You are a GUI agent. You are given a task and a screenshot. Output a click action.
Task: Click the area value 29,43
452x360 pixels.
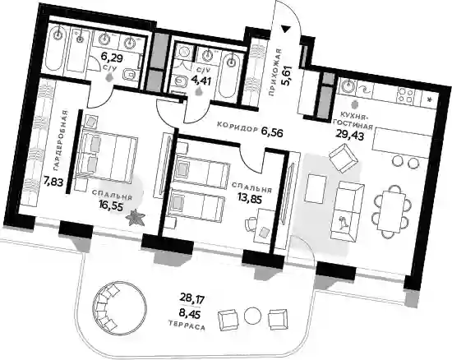349,135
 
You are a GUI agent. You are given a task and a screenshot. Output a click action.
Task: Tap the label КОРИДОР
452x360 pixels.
237,127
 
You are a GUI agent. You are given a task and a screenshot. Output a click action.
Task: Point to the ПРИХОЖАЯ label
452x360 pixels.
274,72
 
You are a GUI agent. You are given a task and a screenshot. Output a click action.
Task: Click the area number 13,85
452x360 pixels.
250,198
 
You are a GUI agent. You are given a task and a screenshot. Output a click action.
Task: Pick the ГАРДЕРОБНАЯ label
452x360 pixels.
60,141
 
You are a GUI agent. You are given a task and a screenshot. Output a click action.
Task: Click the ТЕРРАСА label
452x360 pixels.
187,325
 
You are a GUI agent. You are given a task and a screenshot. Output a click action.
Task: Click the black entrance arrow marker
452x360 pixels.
286,29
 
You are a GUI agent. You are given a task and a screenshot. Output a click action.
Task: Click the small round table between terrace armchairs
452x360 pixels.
252,316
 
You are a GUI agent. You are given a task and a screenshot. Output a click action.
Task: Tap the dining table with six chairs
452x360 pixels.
390,211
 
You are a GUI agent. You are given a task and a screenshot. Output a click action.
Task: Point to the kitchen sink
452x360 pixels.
347,85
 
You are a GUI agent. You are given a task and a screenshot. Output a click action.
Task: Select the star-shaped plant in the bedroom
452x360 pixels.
135,217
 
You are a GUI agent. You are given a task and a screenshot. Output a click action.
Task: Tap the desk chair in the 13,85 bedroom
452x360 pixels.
251,224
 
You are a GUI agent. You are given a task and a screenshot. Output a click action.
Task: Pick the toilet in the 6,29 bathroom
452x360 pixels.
130,76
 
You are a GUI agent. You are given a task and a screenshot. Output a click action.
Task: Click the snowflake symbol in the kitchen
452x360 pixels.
430,99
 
